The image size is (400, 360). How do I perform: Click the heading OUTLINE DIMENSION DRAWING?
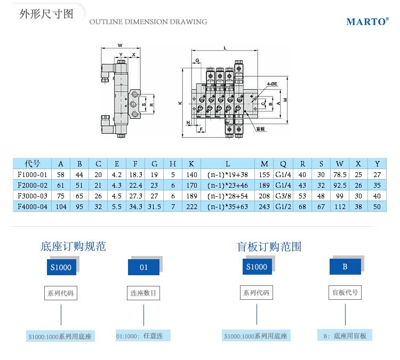coord(148,22)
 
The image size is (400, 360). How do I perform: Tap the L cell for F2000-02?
coord(228,185)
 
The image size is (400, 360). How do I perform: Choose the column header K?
coord(191,164)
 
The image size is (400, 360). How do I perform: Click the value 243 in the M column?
coord(264,206)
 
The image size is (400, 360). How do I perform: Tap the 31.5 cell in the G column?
coord(154,206)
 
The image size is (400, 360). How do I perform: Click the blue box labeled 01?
coord(144,267)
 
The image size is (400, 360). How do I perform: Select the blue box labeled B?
coord(345,266)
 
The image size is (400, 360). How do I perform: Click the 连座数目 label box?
coord(143,293)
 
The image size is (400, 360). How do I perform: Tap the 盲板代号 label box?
coord(345,292)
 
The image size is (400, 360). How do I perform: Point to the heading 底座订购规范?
coord(73,246)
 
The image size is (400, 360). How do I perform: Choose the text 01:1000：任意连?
coord(143,336)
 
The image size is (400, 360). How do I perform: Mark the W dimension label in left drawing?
coord(120,45)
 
